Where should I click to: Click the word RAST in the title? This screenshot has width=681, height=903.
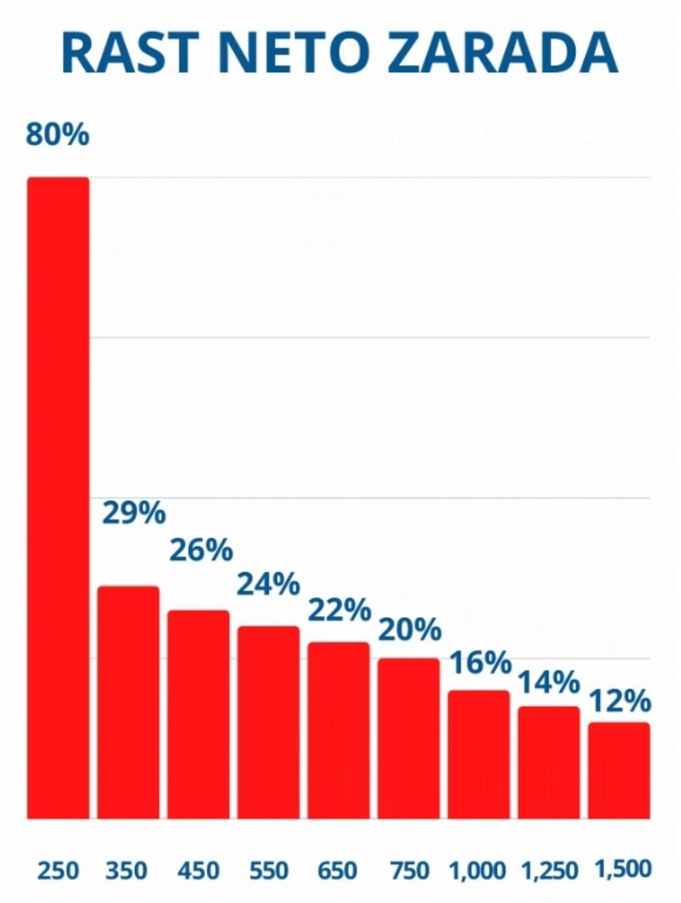pos(129,52)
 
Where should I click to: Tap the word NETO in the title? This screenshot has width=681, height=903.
pos(293,52)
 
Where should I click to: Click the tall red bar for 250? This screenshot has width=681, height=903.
pos(58,497)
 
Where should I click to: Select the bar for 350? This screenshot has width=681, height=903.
pos(128,701)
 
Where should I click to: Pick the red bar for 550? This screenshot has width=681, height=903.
pos(268,722)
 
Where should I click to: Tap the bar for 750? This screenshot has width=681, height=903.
pos(409,738)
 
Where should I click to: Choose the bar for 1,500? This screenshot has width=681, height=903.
pos(619,770)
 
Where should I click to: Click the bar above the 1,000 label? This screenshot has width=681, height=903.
pos(479,754)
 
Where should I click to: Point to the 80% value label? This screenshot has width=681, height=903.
pos(58,135)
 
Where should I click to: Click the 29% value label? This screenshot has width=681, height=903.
pos(133,513)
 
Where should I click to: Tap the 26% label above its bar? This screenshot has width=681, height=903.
pos(201,550)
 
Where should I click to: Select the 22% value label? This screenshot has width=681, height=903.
pos(339,609)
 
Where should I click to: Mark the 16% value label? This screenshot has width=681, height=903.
pos(480,663)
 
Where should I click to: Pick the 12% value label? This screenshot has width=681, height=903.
pos(620,701)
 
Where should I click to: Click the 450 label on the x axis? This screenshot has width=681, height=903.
pos(198,870)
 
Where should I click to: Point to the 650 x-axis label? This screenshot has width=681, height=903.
pos(338,870)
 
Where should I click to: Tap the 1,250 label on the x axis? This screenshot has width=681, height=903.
pos(550,870)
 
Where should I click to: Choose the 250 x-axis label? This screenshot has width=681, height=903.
pos(58,870)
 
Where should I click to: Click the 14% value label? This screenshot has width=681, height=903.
pos(549,682)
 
